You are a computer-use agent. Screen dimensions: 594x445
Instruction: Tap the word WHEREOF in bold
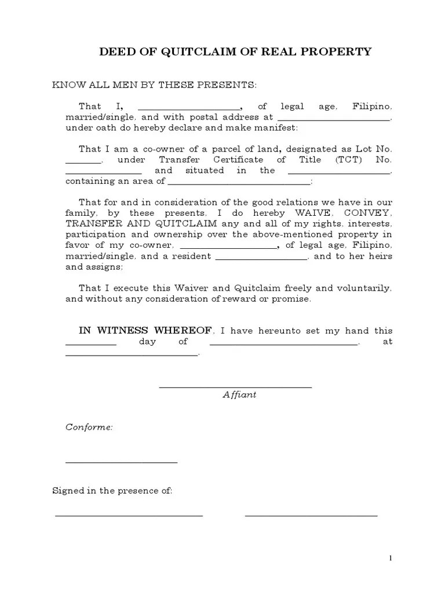point(184,331)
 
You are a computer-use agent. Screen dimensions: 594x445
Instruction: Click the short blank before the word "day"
point(91,345)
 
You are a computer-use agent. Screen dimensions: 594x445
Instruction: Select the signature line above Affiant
point(235,387)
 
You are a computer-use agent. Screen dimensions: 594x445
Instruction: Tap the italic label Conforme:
point(89,428)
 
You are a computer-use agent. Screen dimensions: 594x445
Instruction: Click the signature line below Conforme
point(121,462)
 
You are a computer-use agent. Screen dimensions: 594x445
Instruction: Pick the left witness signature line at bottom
point(129,515)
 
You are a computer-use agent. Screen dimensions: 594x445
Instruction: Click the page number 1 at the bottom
point(391,558)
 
